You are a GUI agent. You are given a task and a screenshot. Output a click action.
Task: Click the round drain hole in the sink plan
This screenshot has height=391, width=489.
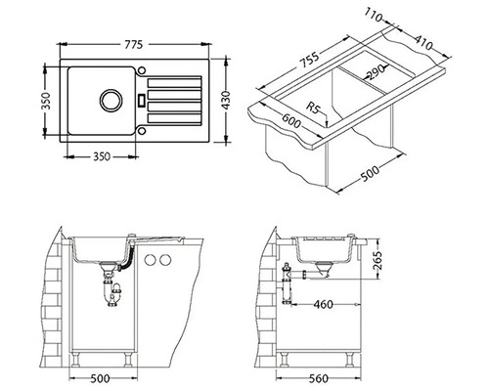point(109,99)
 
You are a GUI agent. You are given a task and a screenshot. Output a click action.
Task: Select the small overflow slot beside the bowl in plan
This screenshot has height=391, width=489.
point(141,99)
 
